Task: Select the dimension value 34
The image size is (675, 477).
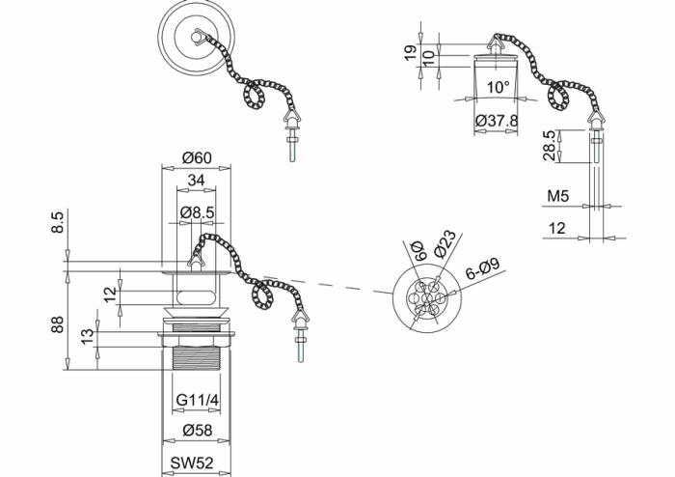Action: pyautogui.click(x=196, y=180)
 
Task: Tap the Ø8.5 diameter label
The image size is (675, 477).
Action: pyautogui.click(x=197, y=211)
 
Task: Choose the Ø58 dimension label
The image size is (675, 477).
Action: pyautogui.click(x=197, y=431)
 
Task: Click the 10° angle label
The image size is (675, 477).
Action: pyautogui.click(x=498, y=87)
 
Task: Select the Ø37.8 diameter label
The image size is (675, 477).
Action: pyautogui.click(x=498, y=121)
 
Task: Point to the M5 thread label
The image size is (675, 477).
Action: pyautogui.click(x=558, y=197)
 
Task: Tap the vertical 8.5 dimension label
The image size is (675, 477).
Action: pyautogui.click(x=58, y=224)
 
